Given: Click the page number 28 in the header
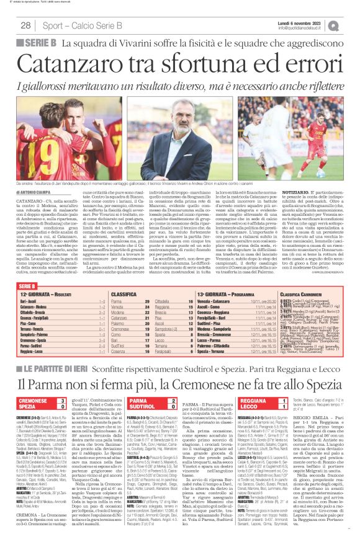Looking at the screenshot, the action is pos(25,25).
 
